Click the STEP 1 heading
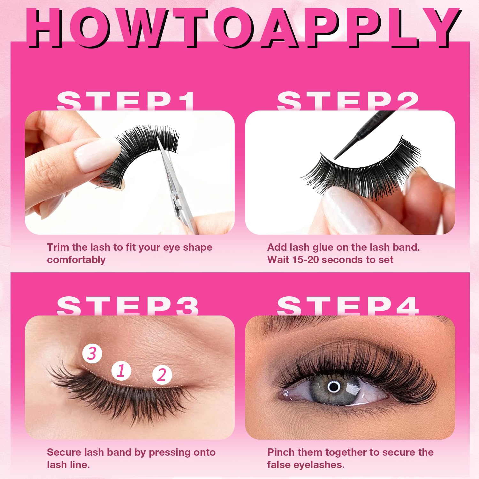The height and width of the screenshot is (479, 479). tap(126, 101)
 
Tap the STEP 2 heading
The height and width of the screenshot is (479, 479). tap(348, 101)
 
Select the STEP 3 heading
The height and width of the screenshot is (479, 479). tap(128, 306)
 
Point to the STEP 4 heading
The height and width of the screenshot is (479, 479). tap(348, 306)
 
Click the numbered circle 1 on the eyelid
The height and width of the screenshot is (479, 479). tap(121, 371)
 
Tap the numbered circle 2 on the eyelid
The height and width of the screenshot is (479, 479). tap(162, 375)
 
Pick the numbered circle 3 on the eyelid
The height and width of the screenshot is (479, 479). tap(92, 354)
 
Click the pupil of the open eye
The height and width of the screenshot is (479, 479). tap(334, 387)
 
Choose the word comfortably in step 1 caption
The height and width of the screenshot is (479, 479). tap(76, 260)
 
